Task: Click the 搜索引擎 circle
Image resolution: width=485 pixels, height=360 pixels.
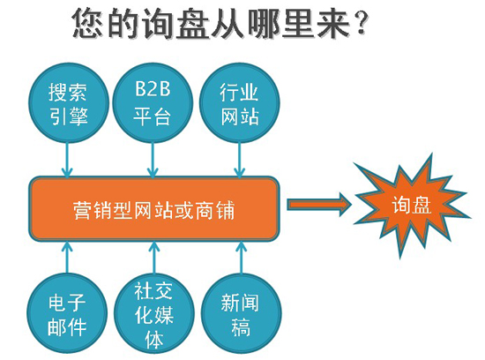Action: coord(69,102)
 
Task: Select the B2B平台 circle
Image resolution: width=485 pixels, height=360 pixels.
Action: coord(153,102)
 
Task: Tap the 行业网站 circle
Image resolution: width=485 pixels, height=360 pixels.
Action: coord(240,102)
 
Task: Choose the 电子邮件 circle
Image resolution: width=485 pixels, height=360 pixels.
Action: coord(67,313)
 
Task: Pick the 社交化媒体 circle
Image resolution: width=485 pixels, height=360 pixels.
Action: coord(154,313)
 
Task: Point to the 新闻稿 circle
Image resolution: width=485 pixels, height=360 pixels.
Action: coord(242,313)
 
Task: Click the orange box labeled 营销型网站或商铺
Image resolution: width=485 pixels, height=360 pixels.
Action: coord(154,209)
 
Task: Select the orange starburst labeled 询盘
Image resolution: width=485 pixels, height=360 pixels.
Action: coord(412,205)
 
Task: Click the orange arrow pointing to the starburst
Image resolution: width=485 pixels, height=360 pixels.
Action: coord(319,205)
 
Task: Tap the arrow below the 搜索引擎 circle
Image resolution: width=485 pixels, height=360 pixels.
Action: coord(67,160)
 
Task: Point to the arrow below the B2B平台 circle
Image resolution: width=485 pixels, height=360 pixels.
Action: coord(153,160)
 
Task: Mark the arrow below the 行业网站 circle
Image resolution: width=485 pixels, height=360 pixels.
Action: coord(239,160)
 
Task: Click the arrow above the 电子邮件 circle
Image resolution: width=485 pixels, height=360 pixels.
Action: coord(67,258)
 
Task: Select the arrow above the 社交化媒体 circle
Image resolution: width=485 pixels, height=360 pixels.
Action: coord(154,258)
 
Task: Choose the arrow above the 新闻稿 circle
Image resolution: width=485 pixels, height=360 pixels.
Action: coord(242,258)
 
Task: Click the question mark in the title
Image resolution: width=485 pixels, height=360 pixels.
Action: coord(361,22)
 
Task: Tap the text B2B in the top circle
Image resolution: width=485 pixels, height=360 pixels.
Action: coord(153,88)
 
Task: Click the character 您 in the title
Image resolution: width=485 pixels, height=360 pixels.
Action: coord(88,23)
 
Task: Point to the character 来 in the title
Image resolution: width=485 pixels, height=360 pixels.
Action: coord(334,23)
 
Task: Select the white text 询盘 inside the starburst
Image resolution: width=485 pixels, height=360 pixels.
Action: coord(412,205)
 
